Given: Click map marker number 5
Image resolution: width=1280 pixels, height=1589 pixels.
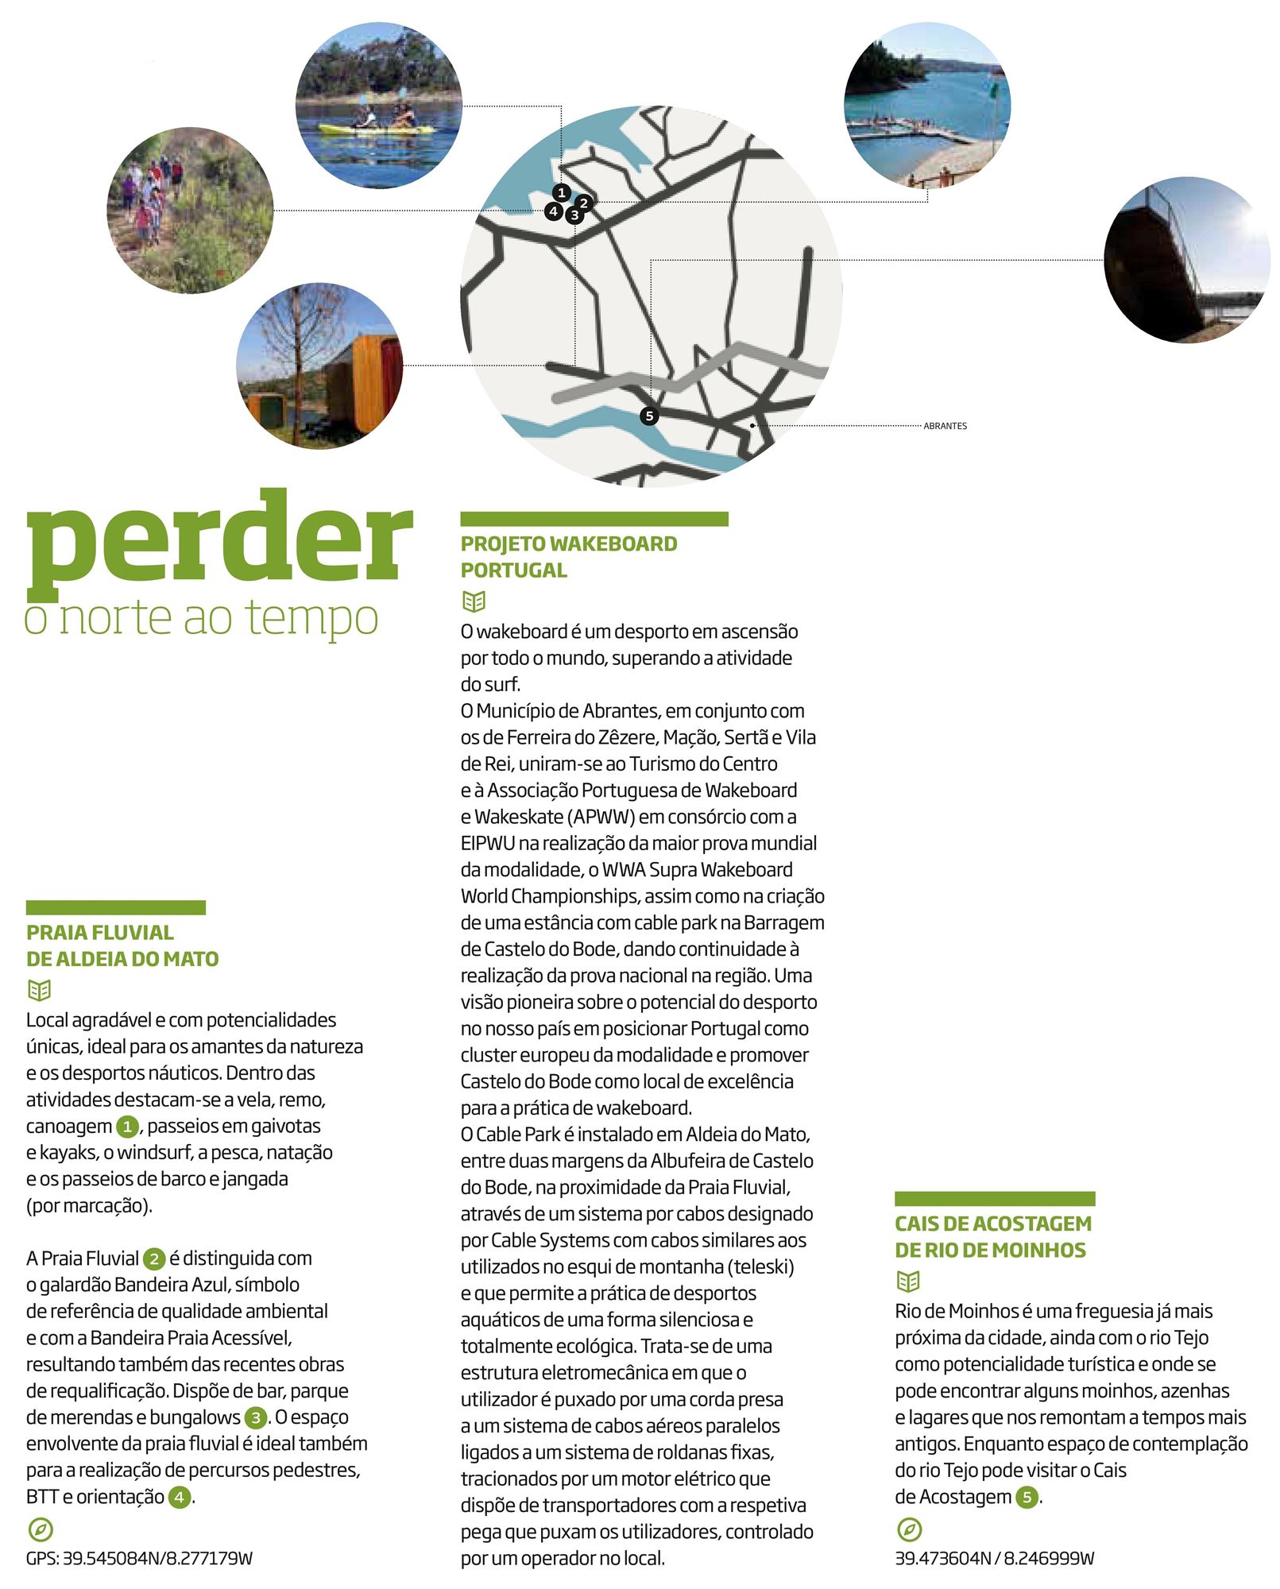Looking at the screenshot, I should (649, 416).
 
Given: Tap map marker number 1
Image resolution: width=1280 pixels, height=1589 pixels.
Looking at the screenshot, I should (562, 192).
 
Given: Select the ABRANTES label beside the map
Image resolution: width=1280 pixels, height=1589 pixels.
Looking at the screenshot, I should (945, 426).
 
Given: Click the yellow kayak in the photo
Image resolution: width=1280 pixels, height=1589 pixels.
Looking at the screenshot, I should (376, 128).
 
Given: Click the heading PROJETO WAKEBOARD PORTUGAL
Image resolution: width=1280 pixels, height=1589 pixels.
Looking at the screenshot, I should (568, 556).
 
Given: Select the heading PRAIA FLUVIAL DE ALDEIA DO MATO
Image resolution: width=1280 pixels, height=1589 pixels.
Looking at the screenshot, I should (122, 945).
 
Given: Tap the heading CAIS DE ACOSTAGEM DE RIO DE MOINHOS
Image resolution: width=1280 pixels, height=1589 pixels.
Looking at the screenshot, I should (993, 1236).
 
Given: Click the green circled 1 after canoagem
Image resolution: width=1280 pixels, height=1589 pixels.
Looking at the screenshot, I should (127, 1126).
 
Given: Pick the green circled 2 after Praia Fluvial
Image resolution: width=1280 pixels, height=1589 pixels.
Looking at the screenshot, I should (153, 1258).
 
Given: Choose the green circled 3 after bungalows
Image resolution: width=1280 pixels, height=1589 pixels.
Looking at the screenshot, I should (255, 1417).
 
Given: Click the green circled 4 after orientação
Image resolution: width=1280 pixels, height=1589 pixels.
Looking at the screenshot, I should (180, 1497).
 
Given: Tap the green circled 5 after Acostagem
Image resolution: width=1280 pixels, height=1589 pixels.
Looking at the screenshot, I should (1027, 1497).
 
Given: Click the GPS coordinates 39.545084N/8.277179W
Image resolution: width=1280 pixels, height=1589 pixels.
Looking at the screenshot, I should (139, 1558).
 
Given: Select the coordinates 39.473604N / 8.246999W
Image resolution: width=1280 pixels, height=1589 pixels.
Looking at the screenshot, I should (994, 1558).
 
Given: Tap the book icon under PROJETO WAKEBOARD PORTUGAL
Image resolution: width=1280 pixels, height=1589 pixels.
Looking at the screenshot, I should (474, 601).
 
